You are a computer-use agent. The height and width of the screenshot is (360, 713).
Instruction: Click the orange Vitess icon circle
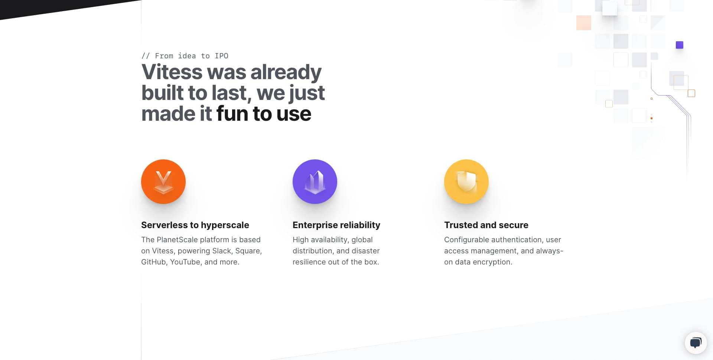coord(163,182)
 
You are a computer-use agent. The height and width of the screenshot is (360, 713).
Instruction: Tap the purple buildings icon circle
coord(315,182)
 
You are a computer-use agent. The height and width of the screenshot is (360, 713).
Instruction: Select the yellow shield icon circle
coord(466,182)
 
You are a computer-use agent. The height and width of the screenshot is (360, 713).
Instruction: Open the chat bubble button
coord(696,343)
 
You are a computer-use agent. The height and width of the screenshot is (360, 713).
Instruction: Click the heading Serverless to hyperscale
coord(195,225)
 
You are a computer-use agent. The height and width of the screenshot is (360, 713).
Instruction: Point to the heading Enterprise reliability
coord(336,225)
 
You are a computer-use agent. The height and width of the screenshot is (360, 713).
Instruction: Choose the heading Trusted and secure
coord(486,225)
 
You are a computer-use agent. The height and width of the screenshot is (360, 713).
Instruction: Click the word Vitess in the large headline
coord(172,72)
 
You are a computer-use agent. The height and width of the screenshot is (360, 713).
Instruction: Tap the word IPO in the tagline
coord(221,56)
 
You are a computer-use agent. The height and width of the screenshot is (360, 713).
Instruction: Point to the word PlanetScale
coord(177,240)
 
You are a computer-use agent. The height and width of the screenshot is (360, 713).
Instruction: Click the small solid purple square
coord(680,45)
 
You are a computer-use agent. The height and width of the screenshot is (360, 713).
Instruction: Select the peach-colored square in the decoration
coord(584,23)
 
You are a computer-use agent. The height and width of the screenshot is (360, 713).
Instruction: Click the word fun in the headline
coord(232,114)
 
